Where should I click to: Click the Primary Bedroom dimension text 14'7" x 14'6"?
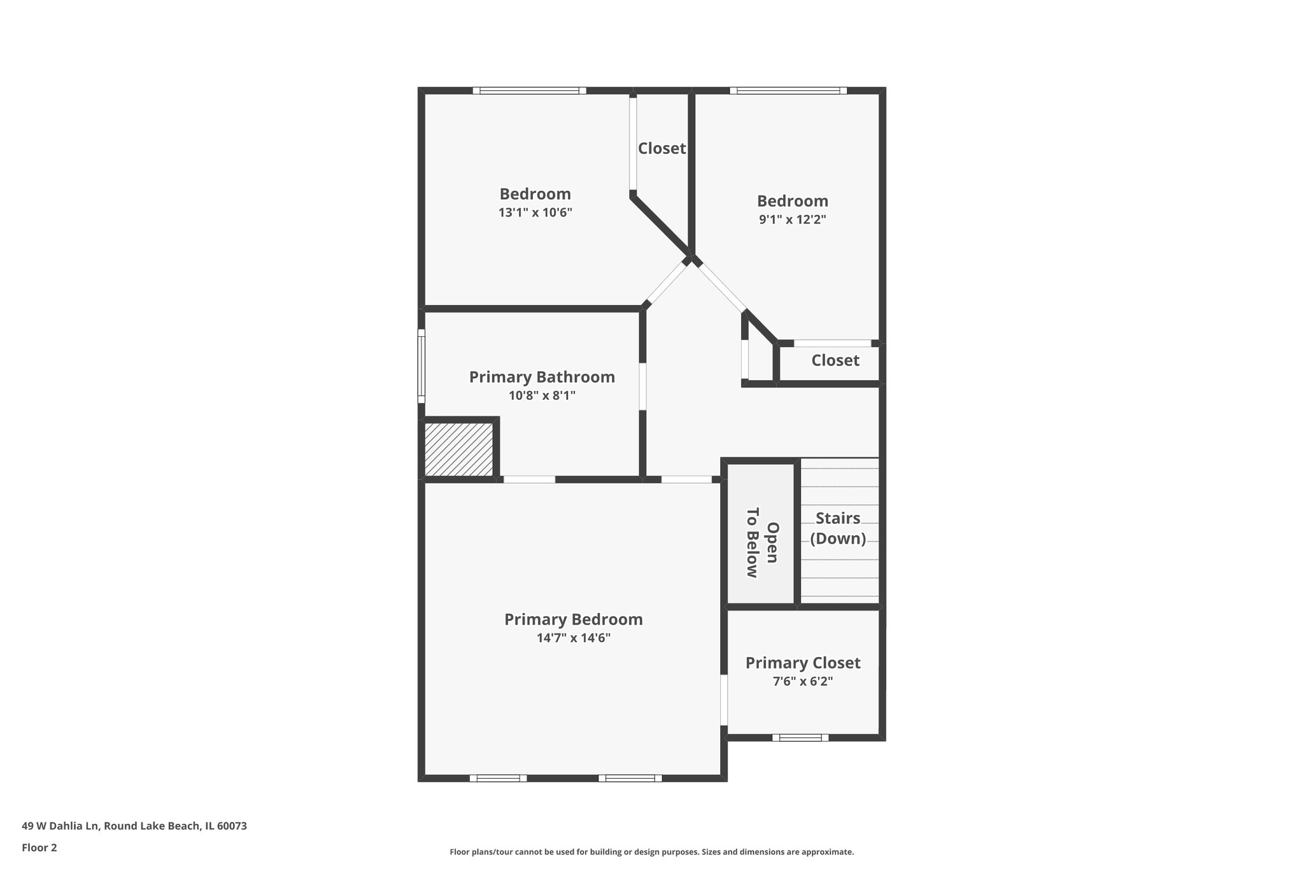coord(573,638)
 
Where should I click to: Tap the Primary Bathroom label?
coord(542,377)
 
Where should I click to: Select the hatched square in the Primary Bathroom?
coord(458,449)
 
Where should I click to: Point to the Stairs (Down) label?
coord(838,528)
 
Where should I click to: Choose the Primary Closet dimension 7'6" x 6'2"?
coord(802,681)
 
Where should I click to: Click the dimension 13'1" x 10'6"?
coord(535,212)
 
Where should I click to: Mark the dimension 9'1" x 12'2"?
coord(792,220)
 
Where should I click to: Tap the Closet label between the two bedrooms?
coord(662,148)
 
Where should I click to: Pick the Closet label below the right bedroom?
coord(835,360)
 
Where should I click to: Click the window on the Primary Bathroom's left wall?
coord(421,366)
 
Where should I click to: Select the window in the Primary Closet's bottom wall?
coord(800,738)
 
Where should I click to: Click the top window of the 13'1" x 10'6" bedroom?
coord(529,90)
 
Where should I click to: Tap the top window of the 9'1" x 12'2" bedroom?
coord(788,90)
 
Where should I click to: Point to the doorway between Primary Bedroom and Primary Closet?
coord(724,700)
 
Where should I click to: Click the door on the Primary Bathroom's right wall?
coord(642,386)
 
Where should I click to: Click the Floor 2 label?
coord(39,848)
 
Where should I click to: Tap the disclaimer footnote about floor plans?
coord(651,852)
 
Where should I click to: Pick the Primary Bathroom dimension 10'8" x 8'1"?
coord(542,395)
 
